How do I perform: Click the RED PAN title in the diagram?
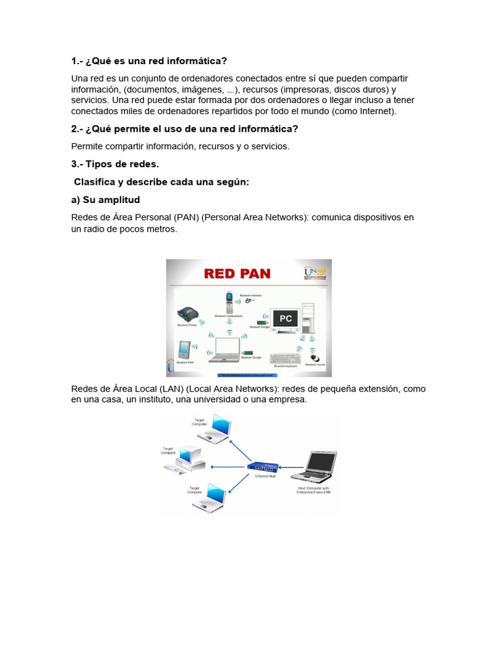[x=237, y=273]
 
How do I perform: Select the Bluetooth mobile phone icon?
[x=229, y=302]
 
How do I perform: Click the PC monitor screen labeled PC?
[x=285, y=318]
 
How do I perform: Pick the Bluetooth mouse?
[x=315, y=358]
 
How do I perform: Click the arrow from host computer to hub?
[x=292, y=466]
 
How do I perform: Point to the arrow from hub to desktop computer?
[x=226, y=466]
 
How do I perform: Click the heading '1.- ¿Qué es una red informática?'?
[x=149, y=61]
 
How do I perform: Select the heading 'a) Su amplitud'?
[x=106, y=200]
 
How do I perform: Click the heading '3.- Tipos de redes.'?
[x=115, y=164]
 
